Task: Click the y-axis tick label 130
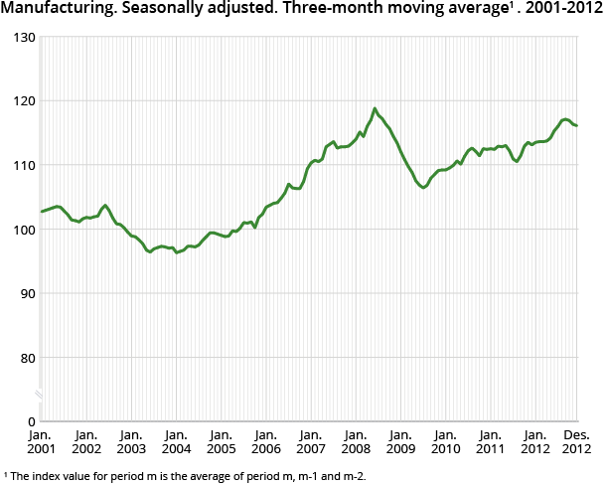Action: coord(23,37)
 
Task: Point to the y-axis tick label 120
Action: coord(23,101)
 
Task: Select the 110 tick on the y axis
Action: coord(23,165)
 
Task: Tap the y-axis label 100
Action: coord(23,230)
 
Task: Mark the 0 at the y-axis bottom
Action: coord(30,421)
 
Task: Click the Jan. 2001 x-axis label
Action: coord(41,443)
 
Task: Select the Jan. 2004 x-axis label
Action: coord(176,443)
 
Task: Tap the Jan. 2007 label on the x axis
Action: coord(311,443)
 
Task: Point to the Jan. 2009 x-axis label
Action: coord(400,443)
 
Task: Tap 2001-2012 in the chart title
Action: coord(563,11)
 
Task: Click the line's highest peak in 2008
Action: coord(375,108)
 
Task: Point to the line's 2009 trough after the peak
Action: coord(423,187)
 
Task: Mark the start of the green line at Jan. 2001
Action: coord(42,212)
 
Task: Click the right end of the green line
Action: coord(577,125)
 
